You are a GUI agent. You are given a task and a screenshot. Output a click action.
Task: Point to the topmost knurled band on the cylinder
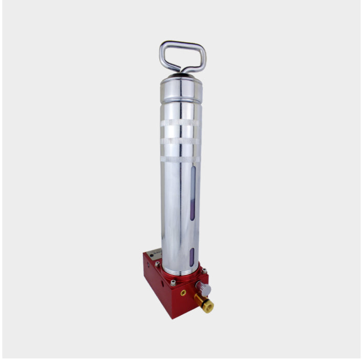click(181, 123)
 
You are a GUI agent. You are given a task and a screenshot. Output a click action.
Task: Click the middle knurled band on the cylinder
click(181, 141)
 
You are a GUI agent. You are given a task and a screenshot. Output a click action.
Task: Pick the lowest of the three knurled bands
click(181, 159)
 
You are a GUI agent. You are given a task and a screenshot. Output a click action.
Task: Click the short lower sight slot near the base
click(192, 256)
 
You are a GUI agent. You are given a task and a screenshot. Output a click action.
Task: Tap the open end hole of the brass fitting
click(209, 308)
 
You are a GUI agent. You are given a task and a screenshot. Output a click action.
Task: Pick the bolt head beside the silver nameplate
click(157, 264)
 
